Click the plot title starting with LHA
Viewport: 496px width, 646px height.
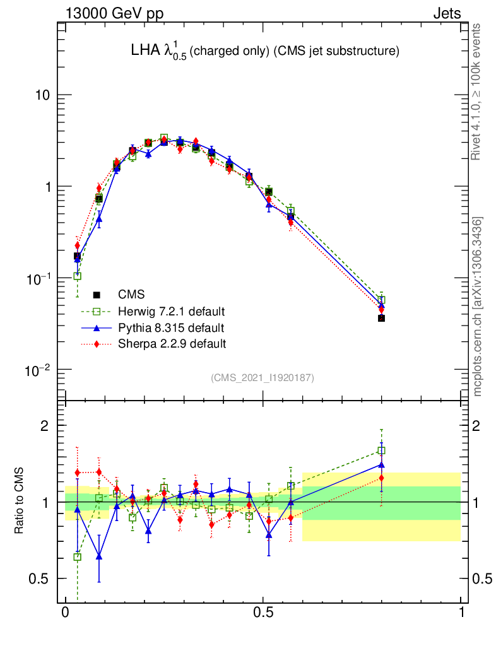(264, 52)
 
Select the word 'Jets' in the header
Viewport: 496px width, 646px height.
(446, 13)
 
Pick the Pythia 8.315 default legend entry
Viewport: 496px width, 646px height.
(170, 328)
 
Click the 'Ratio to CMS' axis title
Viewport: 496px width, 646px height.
(19, 502)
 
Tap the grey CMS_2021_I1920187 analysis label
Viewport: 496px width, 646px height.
(263, 377)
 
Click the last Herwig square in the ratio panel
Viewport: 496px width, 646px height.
(381, 450)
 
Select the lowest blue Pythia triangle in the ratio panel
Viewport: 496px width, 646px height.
(99, 556)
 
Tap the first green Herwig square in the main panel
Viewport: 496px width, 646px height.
(77, 276)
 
